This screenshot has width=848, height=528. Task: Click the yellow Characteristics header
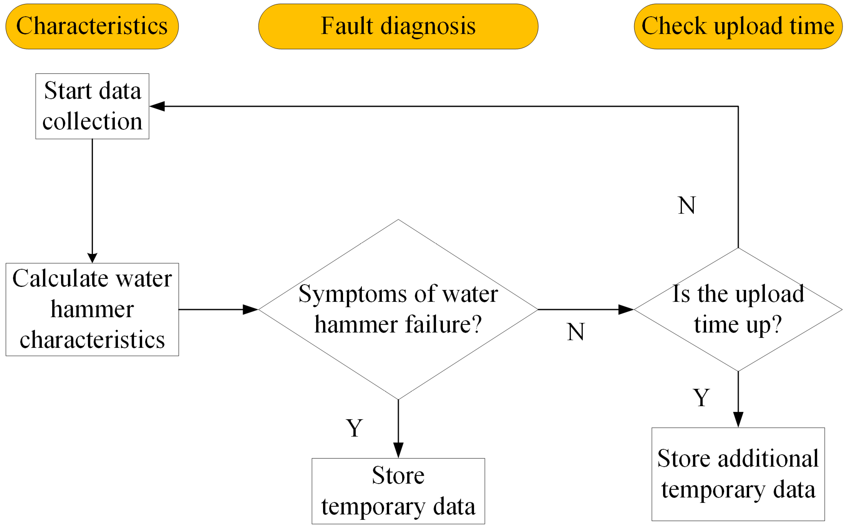click(x=92, y=27)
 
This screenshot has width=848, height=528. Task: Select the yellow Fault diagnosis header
click(x=398, y=27)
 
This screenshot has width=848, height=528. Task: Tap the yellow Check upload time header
click(x=738, y=27)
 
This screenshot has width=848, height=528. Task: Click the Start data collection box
click(x=92, y=106)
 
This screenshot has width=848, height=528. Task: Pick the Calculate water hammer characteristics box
click(x=92, y=309)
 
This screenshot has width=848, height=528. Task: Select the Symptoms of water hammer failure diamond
click(x=398, y=309)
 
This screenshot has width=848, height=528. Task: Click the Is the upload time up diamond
click(x=738, y=309)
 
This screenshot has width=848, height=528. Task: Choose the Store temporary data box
click(x=398, y=491)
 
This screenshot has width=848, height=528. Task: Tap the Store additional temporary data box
click(x=738, y=474)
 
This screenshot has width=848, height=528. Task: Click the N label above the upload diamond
click(x=687, y=205)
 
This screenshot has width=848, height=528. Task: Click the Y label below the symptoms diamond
click(x=354, y=428)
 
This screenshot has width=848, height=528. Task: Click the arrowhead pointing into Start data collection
click(x=157, y=106)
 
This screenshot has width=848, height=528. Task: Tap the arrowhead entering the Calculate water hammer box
click(x=92, y=258)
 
